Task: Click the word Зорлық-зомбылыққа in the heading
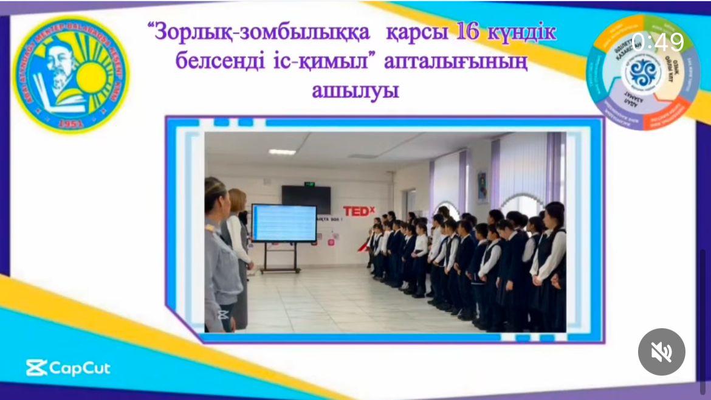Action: (x=263, y=33)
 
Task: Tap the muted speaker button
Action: (x=661, y=352)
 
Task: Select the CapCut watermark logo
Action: (x=68, y=368)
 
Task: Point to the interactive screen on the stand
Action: (x=284, y=223)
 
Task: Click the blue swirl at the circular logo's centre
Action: (x=644, y=72)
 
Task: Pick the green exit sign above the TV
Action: (x=309, y=183)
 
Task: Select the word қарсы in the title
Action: (x=417, y=33)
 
